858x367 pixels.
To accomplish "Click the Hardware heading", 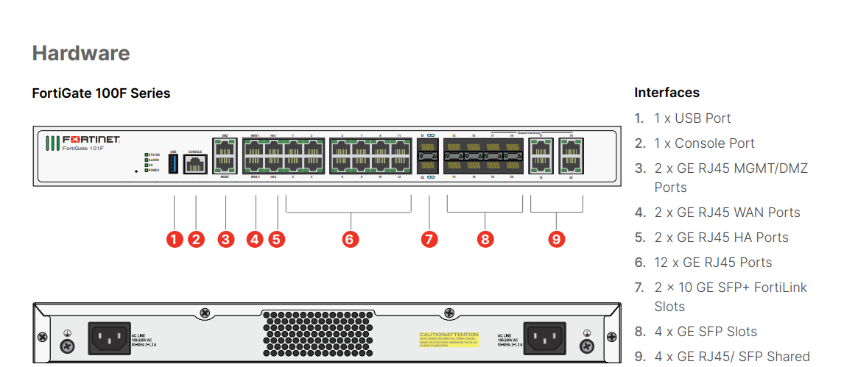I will [81, 53].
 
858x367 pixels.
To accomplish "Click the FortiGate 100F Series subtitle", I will [101, 93].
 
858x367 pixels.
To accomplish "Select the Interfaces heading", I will [667, 93].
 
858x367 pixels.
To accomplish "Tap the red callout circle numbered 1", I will [174, 239].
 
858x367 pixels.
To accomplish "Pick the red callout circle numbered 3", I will [225, 239].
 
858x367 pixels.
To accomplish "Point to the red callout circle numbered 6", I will [350, 239].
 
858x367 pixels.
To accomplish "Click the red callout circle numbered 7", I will [429, 239].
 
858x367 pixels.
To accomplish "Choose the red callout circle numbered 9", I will [557, 239].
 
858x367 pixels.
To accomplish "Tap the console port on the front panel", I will [195, 164].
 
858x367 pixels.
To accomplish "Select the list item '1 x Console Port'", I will [704, 143].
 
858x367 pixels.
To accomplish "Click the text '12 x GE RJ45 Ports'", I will [713, 263].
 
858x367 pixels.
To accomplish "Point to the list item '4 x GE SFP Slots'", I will [706, 332].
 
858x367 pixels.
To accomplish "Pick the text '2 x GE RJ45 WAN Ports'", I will [727, 213].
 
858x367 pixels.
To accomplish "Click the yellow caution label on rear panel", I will [449, 338].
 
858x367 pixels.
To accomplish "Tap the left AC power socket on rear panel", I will [110, 338].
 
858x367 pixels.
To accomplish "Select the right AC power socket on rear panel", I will [544, 338].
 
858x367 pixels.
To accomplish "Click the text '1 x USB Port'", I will [692, 118].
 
